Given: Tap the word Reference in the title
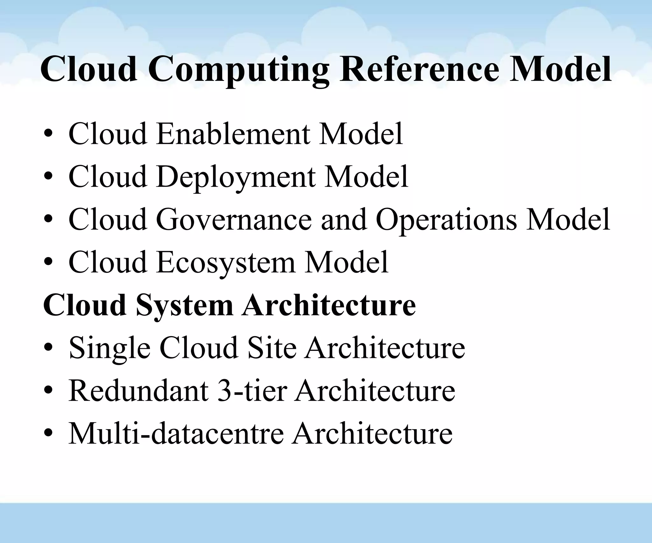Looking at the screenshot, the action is click(x=419, y=69).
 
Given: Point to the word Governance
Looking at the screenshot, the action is click(x=234, y=219).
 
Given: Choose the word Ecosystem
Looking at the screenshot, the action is click(x=226, y=263).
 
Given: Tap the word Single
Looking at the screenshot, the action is click(x=110, y=349).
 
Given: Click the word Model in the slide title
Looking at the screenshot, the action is click(x=560, y=69).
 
